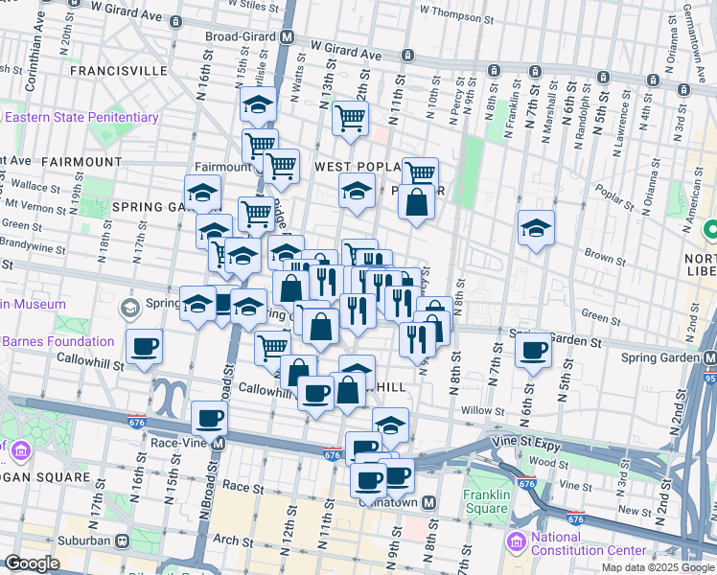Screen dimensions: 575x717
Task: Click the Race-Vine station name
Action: (181, 444)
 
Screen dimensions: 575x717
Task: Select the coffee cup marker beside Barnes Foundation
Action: (144, 346)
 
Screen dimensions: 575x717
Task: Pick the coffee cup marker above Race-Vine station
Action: (210, 418)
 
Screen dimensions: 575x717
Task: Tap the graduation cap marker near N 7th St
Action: (536, 227)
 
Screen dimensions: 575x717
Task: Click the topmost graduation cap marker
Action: (258, 103)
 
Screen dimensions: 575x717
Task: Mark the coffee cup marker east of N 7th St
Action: (534, 350)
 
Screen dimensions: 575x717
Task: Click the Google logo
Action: (33, 563)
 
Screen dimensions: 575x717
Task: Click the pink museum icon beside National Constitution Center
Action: (518, 543)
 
